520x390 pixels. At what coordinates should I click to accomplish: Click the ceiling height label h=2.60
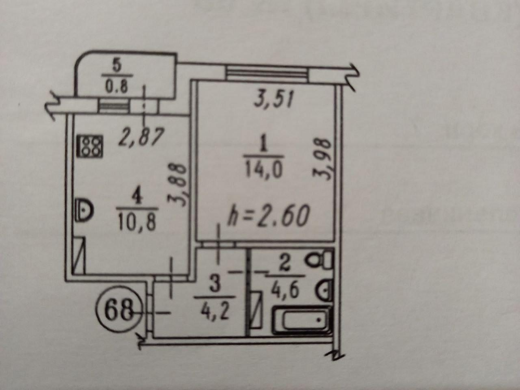tap(268, 217)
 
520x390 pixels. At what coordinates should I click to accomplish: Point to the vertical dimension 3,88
tap(179, 185)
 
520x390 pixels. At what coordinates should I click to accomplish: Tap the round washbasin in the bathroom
tap(324, 289)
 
